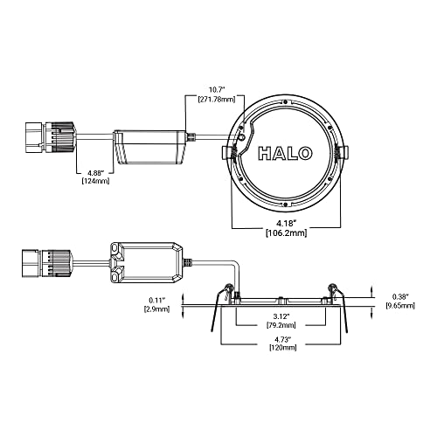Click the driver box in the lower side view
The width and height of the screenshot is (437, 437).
tap(146, 261)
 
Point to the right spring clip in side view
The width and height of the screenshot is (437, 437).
tap(334, 297)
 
